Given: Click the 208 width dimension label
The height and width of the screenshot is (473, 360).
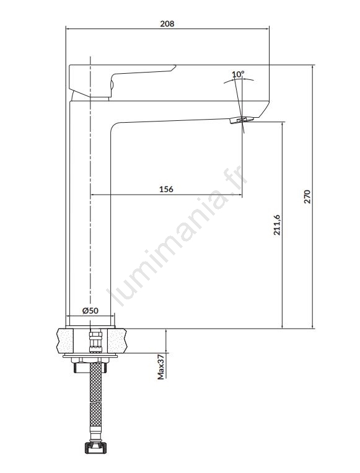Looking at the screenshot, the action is tap(167, 24).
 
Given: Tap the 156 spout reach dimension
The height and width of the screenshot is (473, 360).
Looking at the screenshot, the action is tap(166, 189).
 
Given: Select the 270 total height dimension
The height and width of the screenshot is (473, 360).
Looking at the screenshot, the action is tap(307, 197).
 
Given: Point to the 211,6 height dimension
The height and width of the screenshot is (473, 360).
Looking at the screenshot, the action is tap(276, 225).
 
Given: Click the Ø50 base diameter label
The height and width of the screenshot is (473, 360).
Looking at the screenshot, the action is tap(90, 310).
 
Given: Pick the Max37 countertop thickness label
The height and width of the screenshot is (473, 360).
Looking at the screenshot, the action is tap(161, 367).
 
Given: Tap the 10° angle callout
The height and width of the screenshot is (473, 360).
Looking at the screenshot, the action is tap(238, 74).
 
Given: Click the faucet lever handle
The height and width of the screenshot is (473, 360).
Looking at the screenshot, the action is tap(121, 80).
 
